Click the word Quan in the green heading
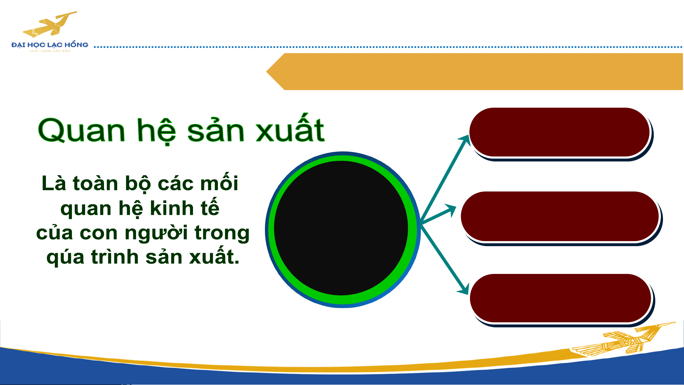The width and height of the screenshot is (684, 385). tap(82, 130)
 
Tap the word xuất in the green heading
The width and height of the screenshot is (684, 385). tap(290, 128)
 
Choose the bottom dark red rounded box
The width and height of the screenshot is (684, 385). tap(562, 300)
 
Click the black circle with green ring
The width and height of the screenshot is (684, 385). tap(343, 229)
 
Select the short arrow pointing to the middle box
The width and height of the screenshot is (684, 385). tap(438, 214)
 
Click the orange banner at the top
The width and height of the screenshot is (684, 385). tap(474, 72)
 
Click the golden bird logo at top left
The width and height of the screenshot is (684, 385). tap(50, 24)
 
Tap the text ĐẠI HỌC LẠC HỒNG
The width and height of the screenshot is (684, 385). tap(50, 45)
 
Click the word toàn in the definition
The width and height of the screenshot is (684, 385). tap(95, 183)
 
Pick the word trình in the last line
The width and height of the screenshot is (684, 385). tap(115, 256)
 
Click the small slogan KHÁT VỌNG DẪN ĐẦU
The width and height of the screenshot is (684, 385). tap(50, 51)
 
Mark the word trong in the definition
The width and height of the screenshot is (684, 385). tap(222, 234)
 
